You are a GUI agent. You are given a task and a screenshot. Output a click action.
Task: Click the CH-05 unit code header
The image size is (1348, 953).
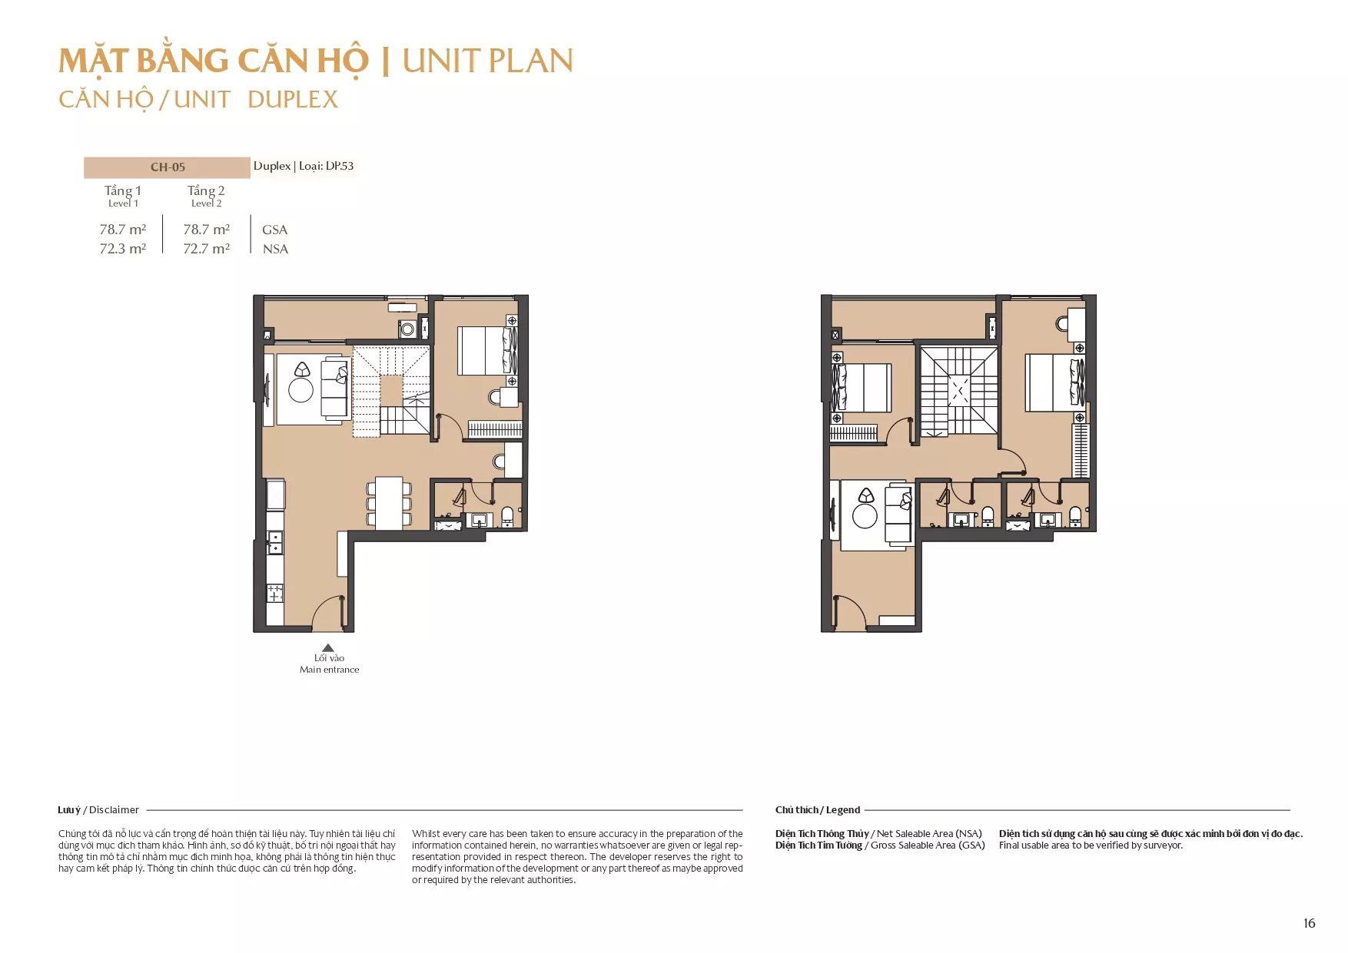168,167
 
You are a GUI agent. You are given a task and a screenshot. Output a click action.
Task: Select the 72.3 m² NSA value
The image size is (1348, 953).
123,249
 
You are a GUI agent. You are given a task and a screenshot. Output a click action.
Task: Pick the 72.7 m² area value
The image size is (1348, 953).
206,249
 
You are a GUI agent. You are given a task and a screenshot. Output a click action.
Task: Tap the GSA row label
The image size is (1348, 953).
274,230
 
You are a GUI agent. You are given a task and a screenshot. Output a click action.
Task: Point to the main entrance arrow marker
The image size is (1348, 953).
328,647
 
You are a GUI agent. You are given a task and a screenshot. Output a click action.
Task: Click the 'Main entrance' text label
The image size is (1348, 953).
329,670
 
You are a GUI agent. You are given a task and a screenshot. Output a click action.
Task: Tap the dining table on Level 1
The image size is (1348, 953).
389,503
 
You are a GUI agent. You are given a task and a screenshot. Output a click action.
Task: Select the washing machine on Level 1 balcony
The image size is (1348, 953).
407,329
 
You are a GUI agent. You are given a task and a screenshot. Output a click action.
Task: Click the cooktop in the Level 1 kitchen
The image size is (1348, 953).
274,593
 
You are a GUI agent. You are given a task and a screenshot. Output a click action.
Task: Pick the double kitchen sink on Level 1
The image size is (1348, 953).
274,542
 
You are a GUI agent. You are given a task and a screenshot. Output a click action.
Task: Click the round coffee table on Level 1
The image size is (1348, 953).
300,390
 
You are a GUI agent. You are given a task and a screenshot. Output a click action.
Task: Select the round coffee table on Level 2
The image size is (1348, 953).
865,516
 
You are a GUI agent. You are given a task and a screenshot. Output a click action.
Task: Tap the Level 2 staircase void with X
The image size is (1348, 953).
959,390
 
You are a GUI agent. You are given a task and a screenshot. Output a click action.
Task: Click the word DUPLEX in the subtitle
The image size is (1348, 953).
293,100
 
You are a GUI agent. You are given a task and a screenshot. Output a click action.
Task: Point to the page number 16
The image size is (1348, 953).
1310,923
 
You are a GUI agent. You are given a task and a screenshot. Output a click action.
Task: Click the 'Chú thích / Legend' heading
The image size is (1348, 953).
818,810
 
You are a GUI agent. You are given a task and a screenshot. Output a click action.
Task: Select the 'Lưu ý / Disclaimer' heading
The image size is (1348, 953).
98,810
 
